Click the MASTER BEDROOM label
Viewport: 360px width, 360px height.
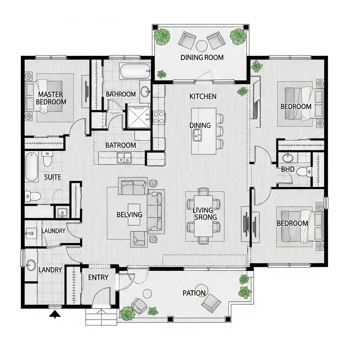coord(51,98)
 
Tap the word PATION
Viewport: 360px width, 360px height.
coord(194,293)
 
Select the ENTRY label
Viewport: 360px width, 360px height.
coord(98,277)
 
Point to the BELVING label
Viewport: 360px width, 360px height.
coord(129,214)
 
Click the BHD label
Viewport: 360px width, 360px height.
coord(288,169)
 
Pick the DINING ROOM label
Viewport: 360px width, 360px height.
coord(202,57)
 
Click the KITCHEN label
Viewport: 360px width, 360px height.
coord(203,96)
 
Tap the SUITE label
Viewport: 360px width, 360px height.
coord(53,177)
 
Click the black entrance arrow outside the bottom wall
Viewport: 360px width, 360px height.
coord(55,314)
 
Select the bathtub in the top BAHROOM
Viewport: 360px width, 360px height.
coord(135,71)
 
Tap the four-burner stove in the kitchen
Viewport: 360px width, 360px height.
coord(159,117)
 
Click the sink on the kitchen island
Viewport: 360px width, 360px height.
coord(197,135)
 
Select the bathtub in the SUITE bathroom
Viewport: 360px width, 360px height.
coord(32,166)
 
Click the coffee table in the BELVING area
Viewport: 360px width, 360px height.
coord(134,214)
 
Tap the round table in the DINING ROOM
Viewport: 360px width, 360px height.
coord(202,46)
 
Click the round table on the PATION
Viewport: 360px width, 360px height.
coord(147,293)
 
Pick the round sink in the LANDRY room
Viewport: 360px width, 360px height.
coord(31,265)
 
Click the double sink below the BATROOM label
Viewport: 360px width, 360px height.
coord(124,158)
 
